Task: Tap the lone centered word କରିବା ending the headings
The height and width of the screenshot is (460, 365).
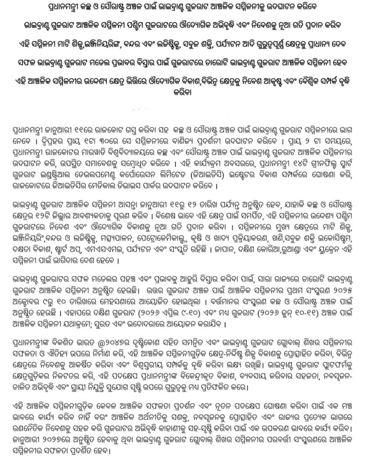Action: pos(182,94)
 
